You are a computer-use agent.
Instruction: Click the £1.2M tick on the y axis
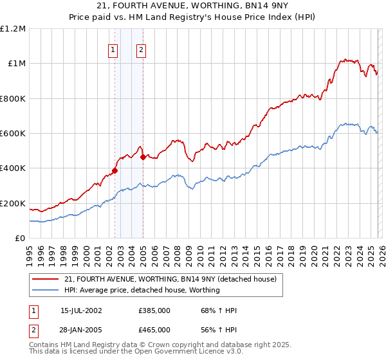tap(13, 29)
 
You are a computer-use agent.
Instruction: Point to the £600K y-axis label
tap(13, 134)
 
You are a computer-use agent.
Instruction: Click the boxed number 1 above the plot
tap(113, 50)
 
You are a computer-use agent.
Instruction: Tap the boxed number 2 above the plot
tap(140, 50)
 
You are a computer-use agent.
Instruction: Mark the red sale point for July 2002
tap(115, 171)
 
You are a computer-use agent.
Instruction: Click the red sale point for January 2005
tap(143, 157)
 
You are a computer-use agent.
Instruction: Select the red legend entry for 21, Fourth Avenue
tap(170, 279)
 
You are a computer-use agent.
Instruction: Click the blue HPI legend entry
tap(142, 290)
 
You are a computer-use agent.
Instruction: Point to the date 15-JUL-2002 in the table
tap(81, 310)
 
